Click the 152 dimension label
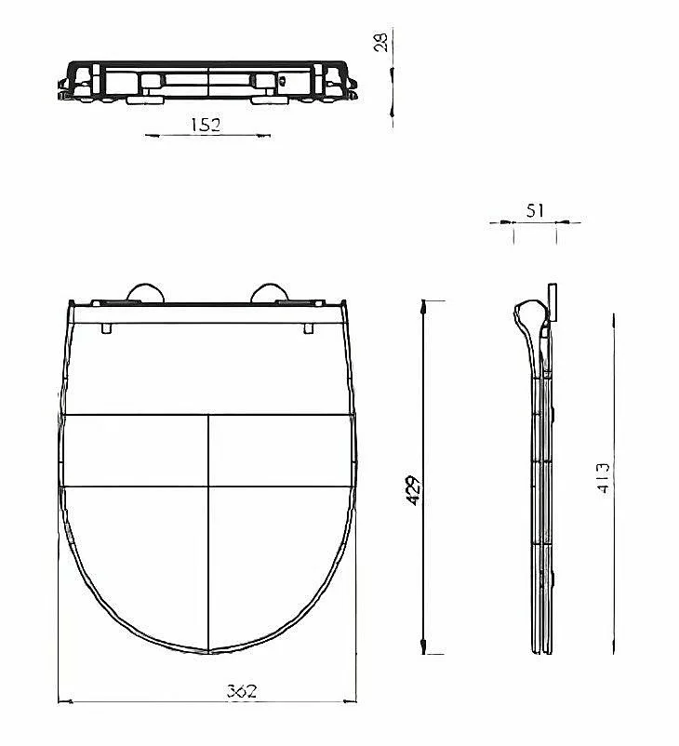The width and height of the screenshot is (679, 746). [x=206, y=125]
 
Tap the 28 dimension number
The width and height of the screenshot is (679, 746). [x=381, y=40]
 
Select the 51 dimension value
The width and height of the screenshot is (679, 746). [x=535, y=211]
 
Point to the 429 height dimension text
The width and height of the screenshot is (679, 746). [x=414, y=490]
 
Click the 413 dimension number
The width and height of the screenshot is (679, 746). [x=603, y=478]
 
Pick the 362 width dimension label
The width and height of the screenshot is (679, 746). [x=242, y=690]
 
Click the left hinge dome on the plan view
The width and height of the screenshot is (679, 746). [x=146, y=293]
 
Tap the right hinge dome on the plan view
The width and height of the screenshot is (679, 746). [x=270, y=293]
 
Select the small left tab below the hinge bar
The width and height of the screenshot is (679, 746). [x=107, y=328]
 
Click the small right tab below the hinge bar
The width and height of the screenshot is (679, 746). [x=309, y=328]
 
